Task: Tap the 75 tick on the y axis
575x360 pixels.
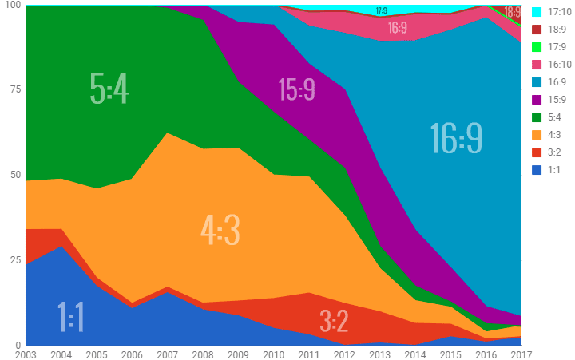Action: pyautogui.click(x=14, y=89)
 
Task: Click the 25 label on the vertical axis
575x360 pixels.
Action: pyautogui.click(x=14, y=260)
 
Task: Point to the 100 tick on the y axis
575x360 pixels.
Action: pyautogui.click(x=12, y=6)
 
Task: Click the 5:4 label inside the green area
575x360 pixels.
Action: pyautogui.click(x=109, y=89)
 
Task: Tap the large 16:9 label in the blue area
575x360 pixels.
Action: pyautogui.click(x=456, y=137)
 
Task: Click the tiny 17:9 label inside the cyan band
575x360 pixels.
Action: pyautogui.click(x=381, y=11)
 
